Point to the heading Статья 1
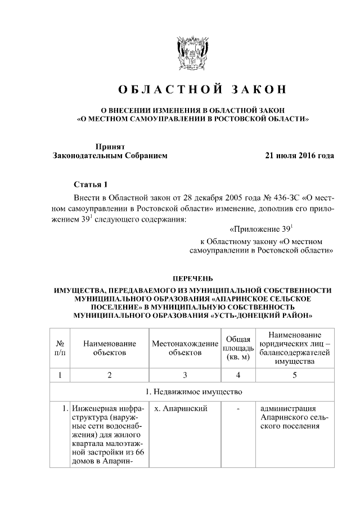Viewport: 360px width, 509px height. pos(89,184)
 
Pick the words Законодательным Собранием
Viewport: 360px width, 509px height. pos(110,155)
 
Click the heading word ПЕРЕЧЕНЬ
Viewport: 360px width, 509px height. pos(192,278)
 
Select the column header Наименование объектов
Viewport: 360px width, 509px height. pos(110,348)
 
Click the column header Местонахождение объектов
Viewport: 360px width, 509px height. pos(185,348)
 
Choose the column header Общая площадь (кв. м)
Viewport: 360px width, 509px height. pos(238,348)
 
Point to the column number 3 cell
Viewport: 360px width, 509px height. pos(185,375)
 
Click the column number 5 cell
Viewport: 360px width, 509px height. pos(294,375)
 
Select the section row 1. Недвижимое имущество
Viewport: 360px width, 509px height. pos(192,391)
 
